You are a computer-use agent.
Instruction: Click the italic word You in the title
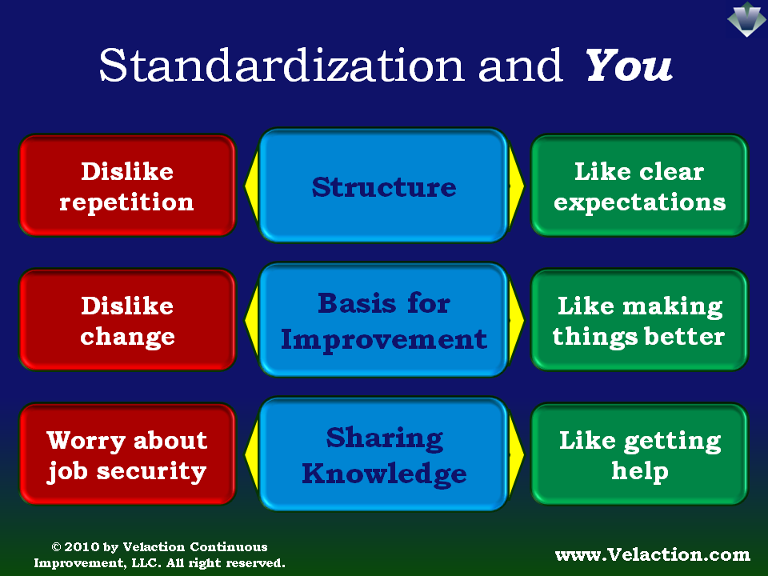[629, 65]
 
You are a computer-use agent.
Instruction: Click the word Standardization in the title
[282, 65]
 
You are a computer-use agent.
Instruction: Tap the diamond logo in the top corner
[746, 19]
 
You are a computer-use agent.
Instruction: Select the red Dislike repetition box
[127, 185]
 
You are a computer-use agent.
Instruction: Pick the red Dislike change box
[127, 319]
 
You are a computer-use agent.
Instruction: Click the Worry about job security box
[127, 454]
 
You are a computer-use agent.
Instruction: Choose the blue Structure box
[383, 185]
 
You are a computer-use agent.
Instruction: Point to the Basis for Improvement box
[383, 320]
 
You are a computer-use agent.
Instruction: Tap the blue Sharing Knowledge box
[383, 454]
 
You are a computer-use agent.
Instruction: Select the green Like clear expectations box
[640, 185]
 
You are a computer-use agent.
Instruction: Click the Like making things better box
[640, 319]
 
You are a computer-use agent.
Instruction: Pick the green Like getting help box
[640, 454]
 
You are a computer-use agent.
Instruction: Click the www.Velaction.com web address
[653, 554]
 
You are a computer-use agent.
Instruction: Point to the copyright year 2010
[82, 546]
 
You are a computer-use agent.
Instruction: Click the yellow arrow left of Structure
[251, 185]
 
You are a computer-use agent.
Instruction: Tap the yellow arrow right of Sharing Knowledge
[516, 454]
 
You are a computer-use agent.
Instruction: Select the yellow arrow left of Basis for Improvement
[251, 320]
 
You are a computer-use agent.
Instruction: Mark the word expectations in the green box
[640, 202]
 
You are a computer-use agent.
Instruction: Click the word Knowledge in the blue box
[385, 474]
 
